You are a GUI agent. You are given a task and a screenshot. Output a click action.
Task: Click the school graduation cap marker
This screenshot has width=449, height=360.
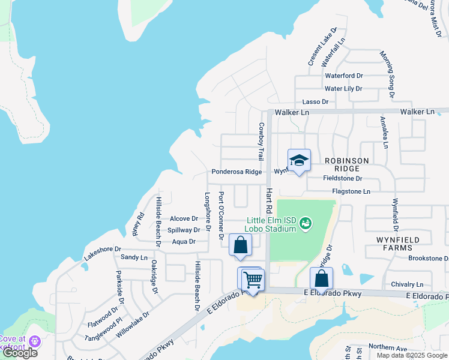[x=299, y=160]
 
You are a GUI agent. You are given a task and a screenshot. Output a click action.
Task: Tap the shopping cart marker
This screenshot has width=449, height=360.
[x=253, y=279]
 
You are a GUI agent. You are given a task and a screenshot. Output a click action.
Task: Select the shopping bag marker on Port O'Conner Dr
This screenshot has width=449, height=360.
[x=240, y=245]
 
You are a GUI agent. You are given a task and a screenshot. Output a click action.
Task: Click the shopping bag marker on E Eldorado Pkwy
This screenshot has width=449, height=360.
[x=321, y=279]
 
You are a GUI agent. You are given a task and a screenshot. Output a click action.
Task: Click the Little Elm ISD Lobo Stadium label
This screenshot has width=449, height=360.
[x=271, y=224]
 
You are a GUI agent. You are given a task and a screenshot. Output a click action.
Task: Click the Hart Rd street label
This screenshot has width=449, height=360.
[x=270, y=199]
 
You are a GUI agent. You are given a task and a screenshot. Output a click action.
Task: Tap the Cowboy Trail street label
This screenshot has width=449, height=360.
[x=261, y=142]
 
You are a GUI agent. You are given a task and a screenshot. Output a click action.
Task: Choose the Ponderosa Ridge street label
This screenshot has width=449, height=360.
[x=237, y=172]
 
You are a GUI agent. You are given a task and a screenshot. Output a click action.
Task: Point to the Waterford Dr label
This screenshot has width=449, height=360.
[x=344, y=76]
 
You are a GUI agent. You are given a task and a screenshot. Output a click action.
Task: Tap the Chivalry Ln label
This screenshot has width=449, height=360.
[x=407, y=284]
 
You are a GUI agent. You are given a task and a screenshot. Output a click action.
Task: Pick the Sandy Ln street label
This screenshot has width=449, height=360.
[x=134, y=257]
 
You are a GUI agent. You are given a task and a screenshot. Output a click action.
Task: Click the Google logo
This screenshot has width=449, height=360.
[x=20, y=353]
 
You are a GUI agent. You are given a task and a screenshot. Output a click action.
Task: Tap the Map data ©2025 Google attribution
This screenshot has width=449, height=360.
[x=412, y=355]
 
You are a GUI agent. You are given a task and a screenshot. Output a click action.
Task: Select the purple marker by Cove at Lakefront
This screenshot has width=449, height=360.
[x=34, y=341]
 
